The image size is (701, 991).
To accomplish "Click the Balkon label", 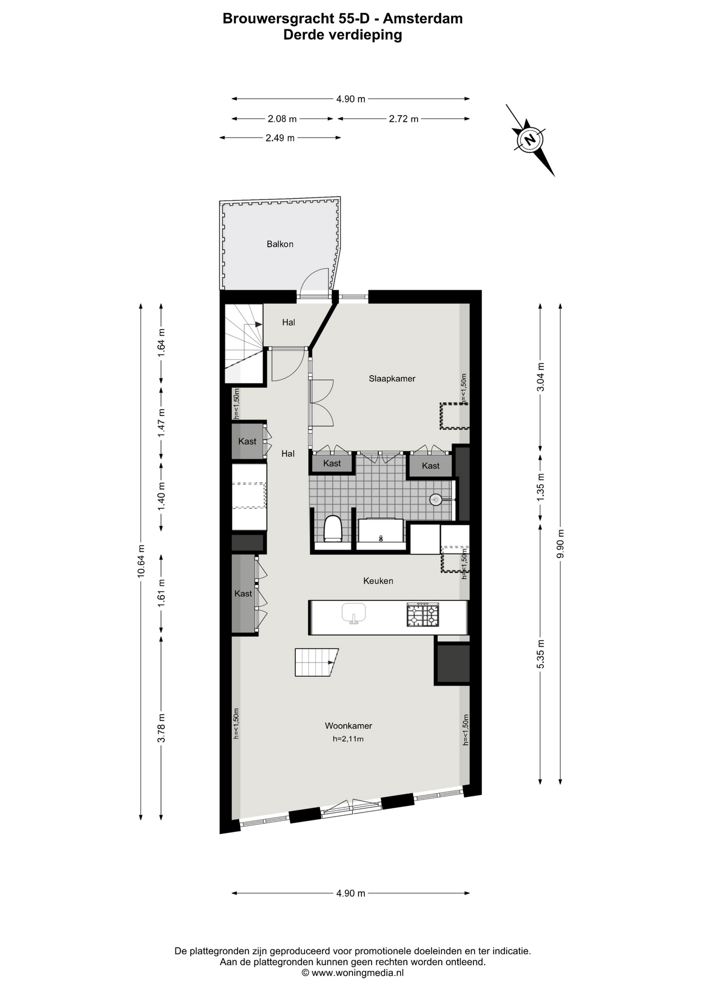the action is tap(280, 244).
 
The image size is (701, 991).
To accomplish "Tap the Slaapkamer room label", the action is tap(392, 378).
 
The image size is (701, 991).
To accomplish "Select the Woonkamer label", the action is tap(348, 726).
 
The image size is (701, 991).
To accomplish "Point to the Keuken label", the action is tap(378, 581).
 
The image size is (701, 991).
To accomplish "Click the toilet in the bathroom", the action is tap(333, 529).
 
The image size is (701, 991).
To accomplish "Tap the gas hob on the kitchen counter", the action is tap(423, 615).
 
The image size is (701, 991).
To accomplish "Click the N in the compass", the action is tap(529, 139).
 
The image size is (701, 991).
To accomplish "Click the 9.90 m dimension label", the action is tap(560, 544).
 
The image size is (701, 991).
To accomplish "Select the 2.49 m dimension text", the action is tap(280, 138).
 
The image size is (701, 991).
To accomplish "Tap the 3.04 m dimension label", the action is tap(540, 377).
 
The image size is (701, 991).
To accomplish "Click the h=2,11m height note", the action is tap(348, 739).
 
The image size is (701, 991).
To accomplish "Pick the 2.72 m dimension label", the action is tap(404, 119).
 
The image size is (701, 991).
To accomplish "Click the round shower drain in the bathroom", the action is tap(436, 499).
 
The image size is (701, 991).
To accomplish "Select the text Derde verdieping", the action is tap(343, 35).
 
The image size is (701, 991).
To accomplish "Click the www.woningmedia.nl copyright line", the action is tap(353, 973).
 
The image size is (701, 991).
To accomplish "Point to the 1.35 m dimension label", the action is tap(540, 487).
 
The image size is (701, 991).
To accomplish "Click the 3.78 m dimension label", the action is tap(162, 728).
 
